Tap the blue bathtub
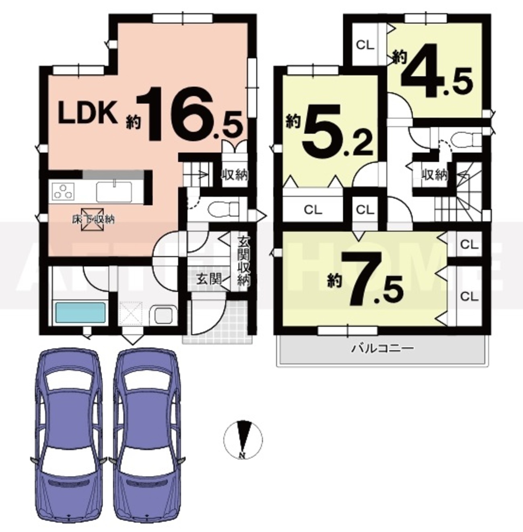point(81,312)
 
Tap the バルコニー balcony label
point(383,348)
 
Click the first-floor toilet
point(223,210)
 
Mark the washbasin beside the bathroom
point(164,315)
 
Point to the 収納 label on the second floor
point(434,175)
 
